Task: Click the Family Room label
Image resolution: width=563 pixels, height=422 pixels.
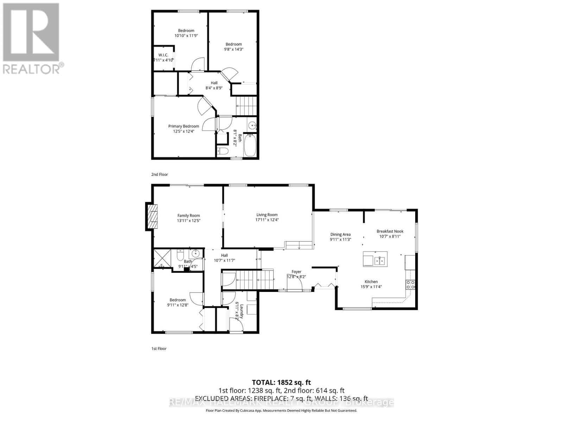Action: point(188,216)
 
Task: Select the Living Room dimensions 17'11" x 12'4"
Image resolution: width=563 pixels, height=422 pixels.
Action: point(267,220)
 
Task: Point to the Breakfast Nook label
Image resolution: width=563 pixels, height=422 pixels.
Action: point(390,231)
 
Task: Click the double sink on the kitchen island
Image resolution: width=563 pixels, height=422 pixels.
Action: point(379,261)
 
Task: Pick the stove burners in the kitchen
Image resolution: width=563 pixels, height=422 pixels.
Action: point(410,284)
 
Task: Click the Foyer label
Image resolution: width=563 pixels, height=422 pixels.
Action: point(296,271)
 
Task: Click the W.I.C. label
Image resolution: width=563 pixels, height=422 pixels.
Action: point(163,55)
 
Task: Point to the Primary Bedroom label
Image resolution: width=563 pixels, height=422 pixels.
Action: point(183,126)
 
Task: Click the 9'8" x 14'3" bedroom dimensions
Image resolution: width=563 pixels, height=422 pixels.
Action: point(234,49)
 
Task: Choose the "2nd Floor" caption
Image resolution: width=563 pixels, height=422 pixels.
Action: point(159,174)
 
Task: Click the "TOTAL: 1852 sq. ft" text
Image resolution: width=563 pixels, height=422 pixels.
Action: point(281,382)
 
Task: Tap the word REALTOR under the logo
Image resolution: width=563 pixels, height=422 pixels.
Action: point(32,68)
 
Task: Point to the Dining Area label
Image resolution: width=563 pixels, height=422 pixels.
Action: point(340,234)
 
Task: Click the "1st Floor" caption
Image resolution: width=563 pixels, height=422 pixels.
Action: point(159,349)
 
